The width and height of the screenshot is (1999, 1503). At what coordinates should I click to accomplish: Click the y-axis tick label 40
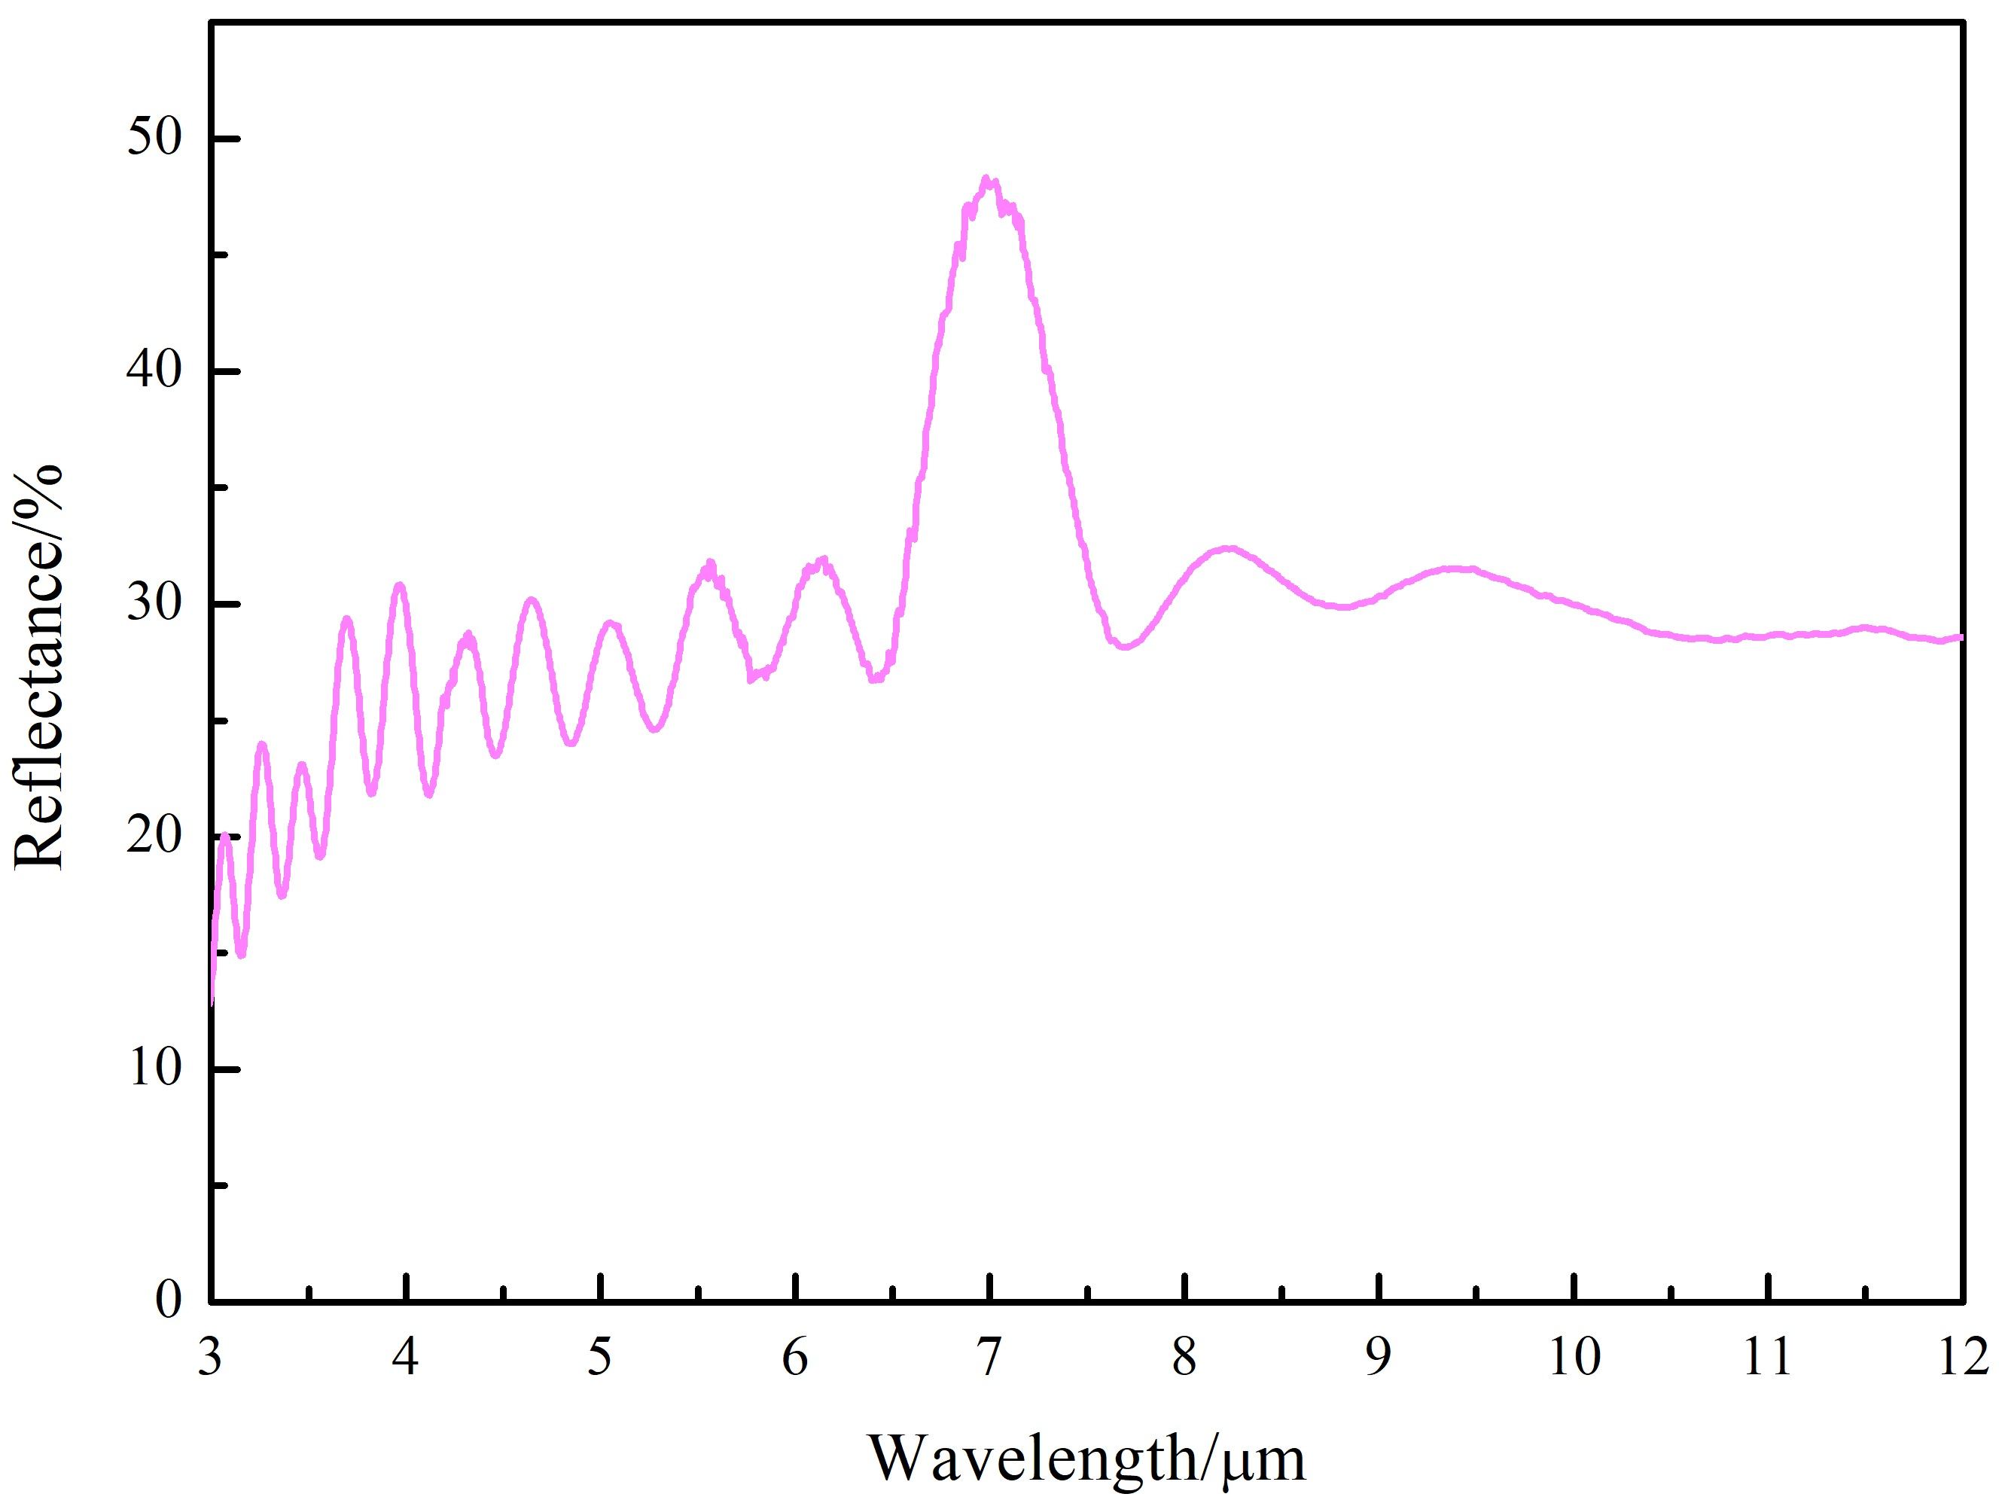pyautogui.click(x=154, y=370)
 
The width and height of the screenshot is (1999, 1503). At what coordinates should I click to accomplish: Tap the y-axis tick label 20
pyautogui.click(x=154, y=834)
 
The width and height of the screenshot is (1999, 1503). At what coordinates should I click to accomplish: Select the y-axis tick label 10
pyautogui.click(x=154, y=1067)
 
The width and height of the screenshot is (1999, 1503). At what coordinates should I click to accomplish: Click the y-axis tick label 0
pyautogui.click(x=168, y=1300)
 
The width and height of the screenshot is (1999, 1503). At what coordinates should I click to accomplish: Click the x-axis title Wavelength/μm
pyautogui.click(x=1086, y=1458)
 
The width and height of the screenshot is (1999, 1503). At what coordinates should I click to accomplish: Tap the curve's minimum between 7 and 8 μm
pyautogui.click(x=1124, y=646)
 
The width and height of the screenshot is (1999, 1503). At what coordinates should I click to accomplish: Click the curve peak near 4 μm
pyautogui.click(x=400, y=586)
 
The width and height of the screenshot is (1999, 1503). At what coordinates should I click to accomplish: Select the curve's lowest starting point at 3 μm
pyautogui.click(x=212, y=1001)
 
